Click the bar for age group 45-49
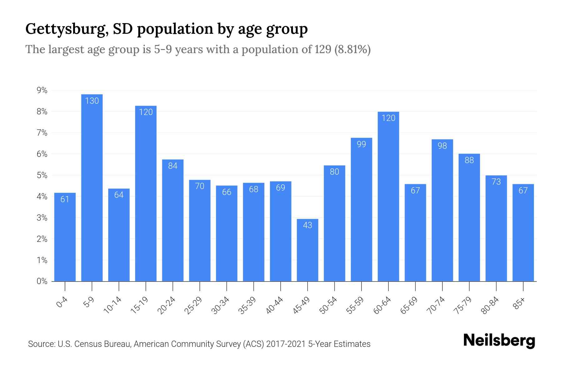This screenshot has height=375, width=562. [x=307, y=250]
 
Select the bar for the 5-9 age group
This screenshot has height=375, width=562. [x=92, y=187]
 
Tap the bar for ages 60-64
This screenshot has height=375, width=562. [x=388, y=197]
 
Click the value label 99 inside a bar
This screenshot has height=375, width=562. [x=361, y=144]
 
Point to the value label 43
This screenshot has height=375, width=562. [x=307, y=225]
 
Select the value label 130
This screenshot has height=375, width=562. [x=92, y=101]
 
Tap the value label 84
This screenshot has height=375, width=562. [x=173, y=166]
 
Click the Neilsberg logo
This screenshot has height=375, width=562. [x=499, y=341]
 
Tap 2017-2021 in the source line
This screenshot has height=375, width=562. [x=286, y=344]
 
